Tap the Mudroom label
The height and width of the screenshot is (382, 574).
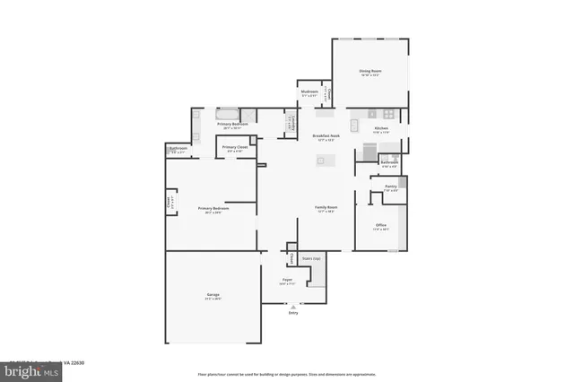pos(309,91)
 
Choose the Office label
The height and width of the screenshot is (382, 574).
pos(380,225)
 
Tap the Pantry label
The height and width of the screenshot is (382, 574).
pos(390,187)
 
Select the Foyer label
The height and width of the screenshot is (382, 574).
pos(287,280)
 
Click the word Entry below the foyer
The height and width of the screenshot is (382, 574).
pos(292,313)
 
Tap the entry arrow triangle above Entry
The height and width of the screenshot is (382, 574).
pos(292,306)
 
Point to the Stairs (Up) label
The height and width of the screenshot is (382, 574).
pos(310,257)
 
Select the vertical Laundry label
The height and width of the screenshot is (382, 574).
pos(291,125)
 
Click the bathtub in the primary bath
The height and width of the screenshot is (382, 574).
pos(226,114)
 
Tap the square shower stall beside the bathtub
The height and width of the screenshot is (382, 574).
pos(249,116)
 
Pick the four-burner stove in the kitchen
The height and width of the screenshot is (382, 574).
pos(388,114)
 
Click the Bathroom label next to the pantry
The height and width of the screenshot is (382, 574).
pos(389,162)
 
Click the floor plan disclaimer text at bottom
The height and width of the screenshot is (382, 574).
pos(287,373)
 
